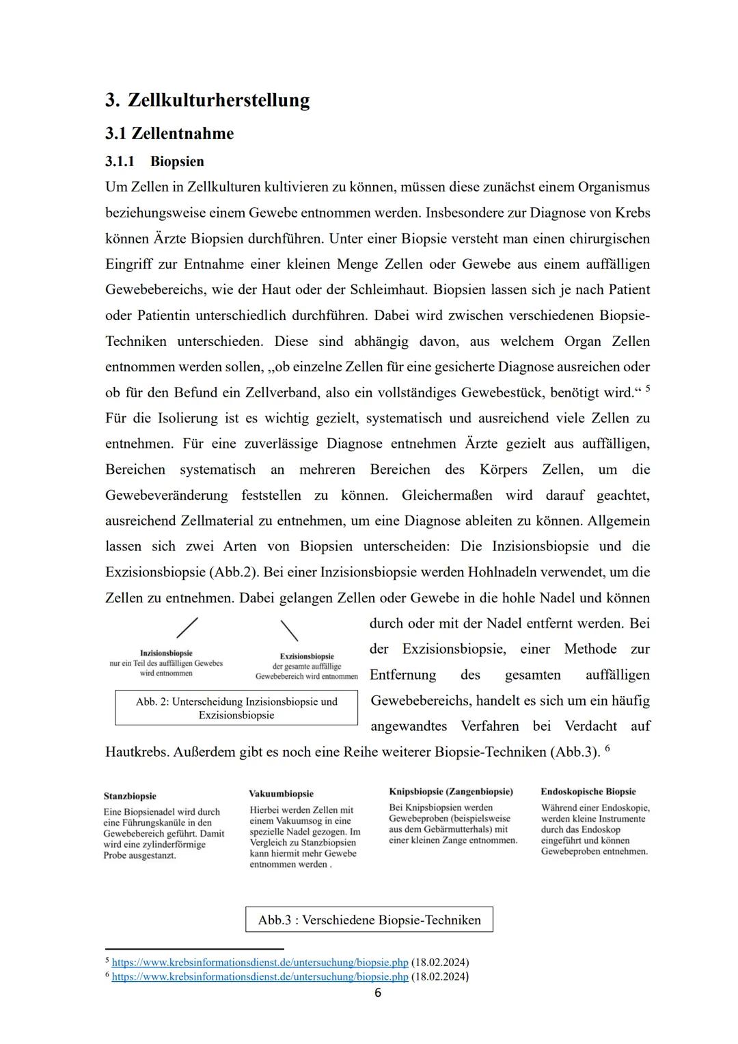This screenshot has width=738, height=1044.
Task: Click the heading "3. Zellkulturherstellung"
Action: [x=207, y=101]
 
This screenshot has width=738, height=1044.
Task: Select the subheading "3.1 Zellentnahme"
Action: [x=169, y=133]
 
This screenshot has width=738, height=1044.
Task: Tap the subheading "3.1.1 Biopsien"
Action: [x=154, y=161]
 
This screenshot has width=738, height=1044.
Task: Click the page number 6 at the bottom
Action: [x=378, y=993]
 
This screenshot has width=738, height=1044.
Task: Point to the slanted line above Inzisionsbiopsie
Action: [x=187, y=628]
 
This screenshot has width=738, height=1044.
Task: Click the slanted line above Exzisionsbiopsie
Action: [x=289, y=630]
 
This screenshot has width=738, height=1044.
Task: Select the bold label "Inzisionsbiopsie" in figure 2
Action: [x=166, y=653]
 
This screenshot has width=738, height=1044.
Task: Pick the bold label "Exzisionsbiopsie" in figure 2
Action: [x=307, y=656]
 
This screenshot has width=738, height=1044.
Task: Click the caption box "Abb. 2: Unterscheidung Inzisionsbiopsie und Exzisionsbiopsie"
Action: [x=236, y=708]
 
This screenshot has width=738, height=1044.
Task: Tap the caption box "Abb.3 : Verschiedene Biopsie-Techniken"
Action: [x=369, y=920]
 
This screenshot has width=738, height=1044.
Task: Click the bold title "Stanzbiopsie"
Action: [x=130, y=796]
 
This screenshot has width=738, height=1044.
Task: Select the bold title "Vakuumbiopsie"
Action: [x=282, y=794]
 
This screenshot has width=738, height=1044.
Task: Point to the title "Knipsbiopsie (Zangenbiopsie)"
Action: [x=451, y=792]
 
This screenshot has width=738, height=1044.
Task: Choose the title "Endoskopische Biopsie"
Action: [x=588, y=792]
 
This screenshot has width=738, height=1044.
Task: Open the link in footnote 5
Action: [x=260, y=963]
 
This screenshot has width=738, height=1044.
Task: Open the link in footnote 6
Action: [x=260, y=977]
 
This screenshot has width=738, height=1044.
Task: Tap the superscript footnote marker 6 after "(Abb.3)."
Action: [x=607, y=747]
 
